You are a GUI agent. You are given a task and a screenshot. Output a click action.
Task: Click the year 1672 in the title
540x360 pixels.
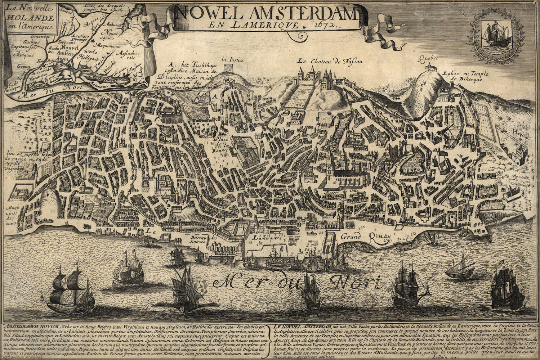point(325,25)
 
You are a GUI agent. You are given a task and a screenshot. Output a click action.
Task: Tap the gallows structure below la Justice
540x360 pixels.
point(227,68)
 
